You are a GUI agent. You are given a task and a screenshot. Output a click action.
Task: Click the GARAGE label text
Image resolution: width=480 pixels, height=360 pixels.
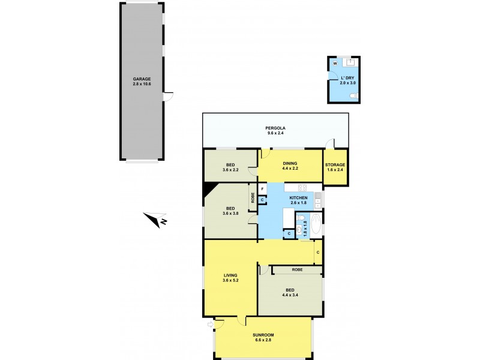[x=142, y=79]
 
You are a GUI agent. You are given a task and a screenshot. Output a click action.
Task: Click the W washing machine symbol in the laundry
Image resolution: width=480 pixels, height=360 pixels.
[x=335, y=62]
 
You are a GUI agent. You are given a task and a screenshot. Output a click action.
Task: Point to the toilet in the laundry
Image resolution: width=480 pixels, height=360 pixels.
[x=355, y=95]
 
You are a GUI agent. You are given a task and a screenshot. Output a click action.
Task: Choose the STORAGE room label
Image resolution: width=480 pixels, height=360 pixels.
[x=334, y=164]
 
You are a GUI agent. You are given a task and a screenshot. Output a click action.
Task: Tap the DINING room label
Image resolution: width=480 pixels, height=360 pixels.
[x=290, y=163]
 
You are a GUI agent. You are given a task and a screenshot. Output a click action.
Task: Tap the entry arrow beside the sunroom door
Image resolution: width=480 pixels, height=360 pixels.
[x=211, y=326]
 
